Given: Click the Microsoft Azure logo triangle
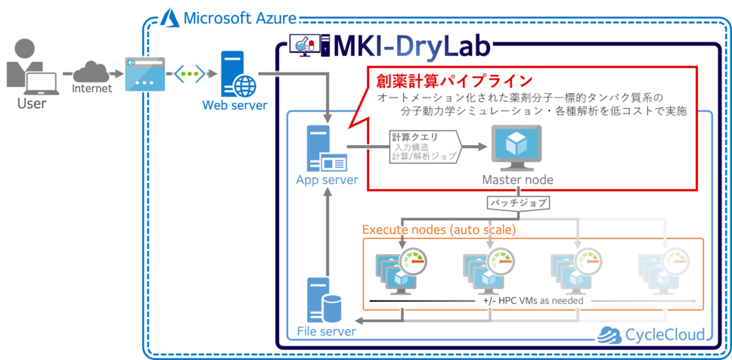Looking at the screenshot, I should point(168,17).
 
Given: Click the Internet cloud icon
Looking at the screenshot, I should point(91,72).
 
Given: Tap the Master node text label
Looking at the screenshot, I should point(518,180).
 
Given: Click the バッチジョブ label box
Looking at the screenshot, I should point(517,203).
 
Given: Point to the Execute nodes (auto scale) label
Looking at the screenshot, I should point(439,228).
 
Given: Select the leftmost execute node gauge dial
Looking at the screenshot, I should point(411,259).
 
